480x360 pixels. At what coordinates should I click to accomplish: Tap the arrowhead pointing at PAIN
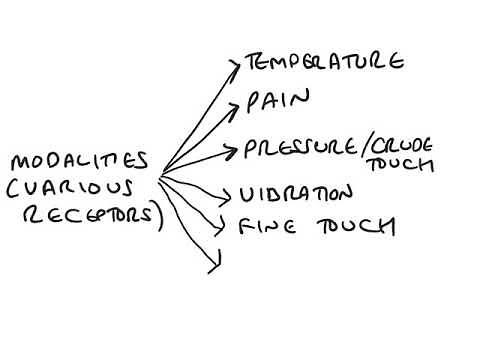(x=238, y=104)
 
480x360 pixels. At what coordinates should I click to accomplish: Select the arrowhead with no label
(x=213, y=265)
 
